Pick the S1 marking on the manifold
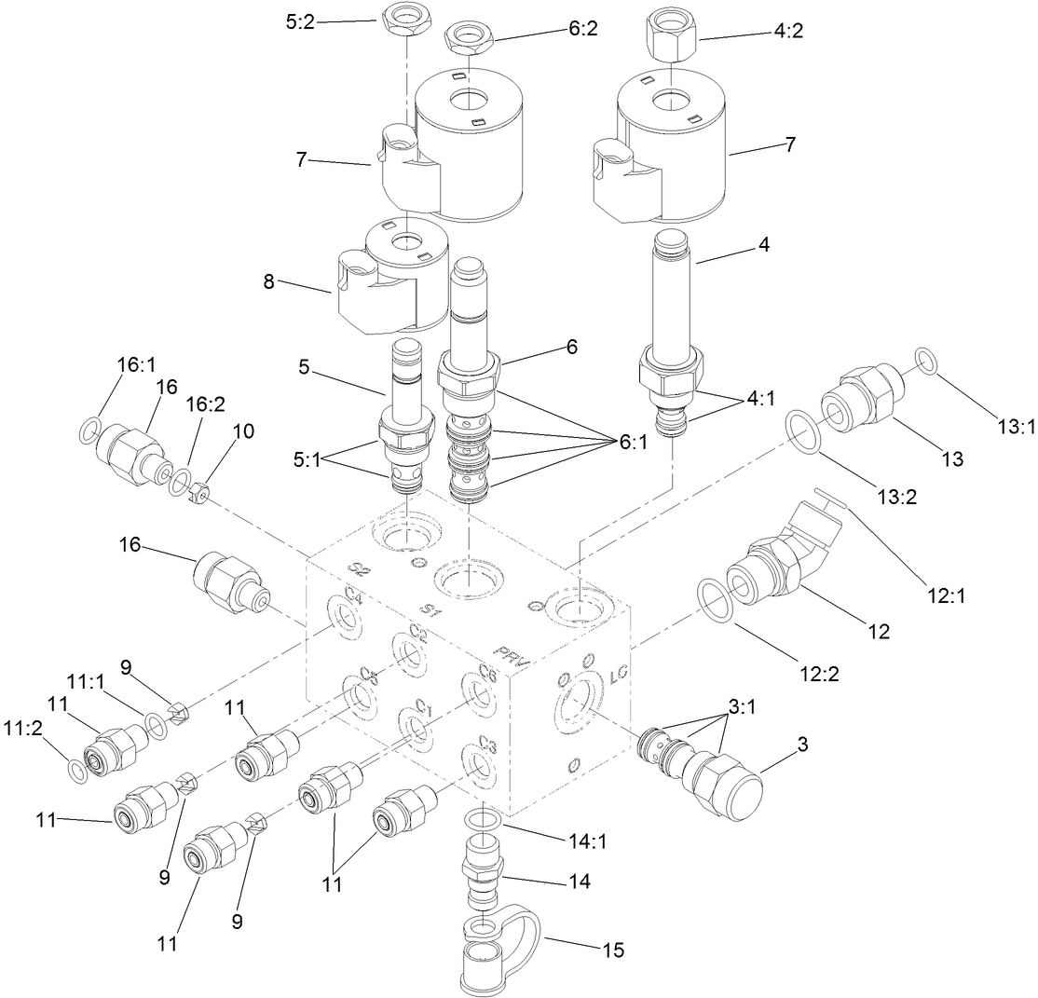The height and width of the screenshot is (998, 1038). [430, 610]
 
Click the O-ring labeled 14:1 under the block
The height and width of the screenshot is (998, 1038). [483, 821]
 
